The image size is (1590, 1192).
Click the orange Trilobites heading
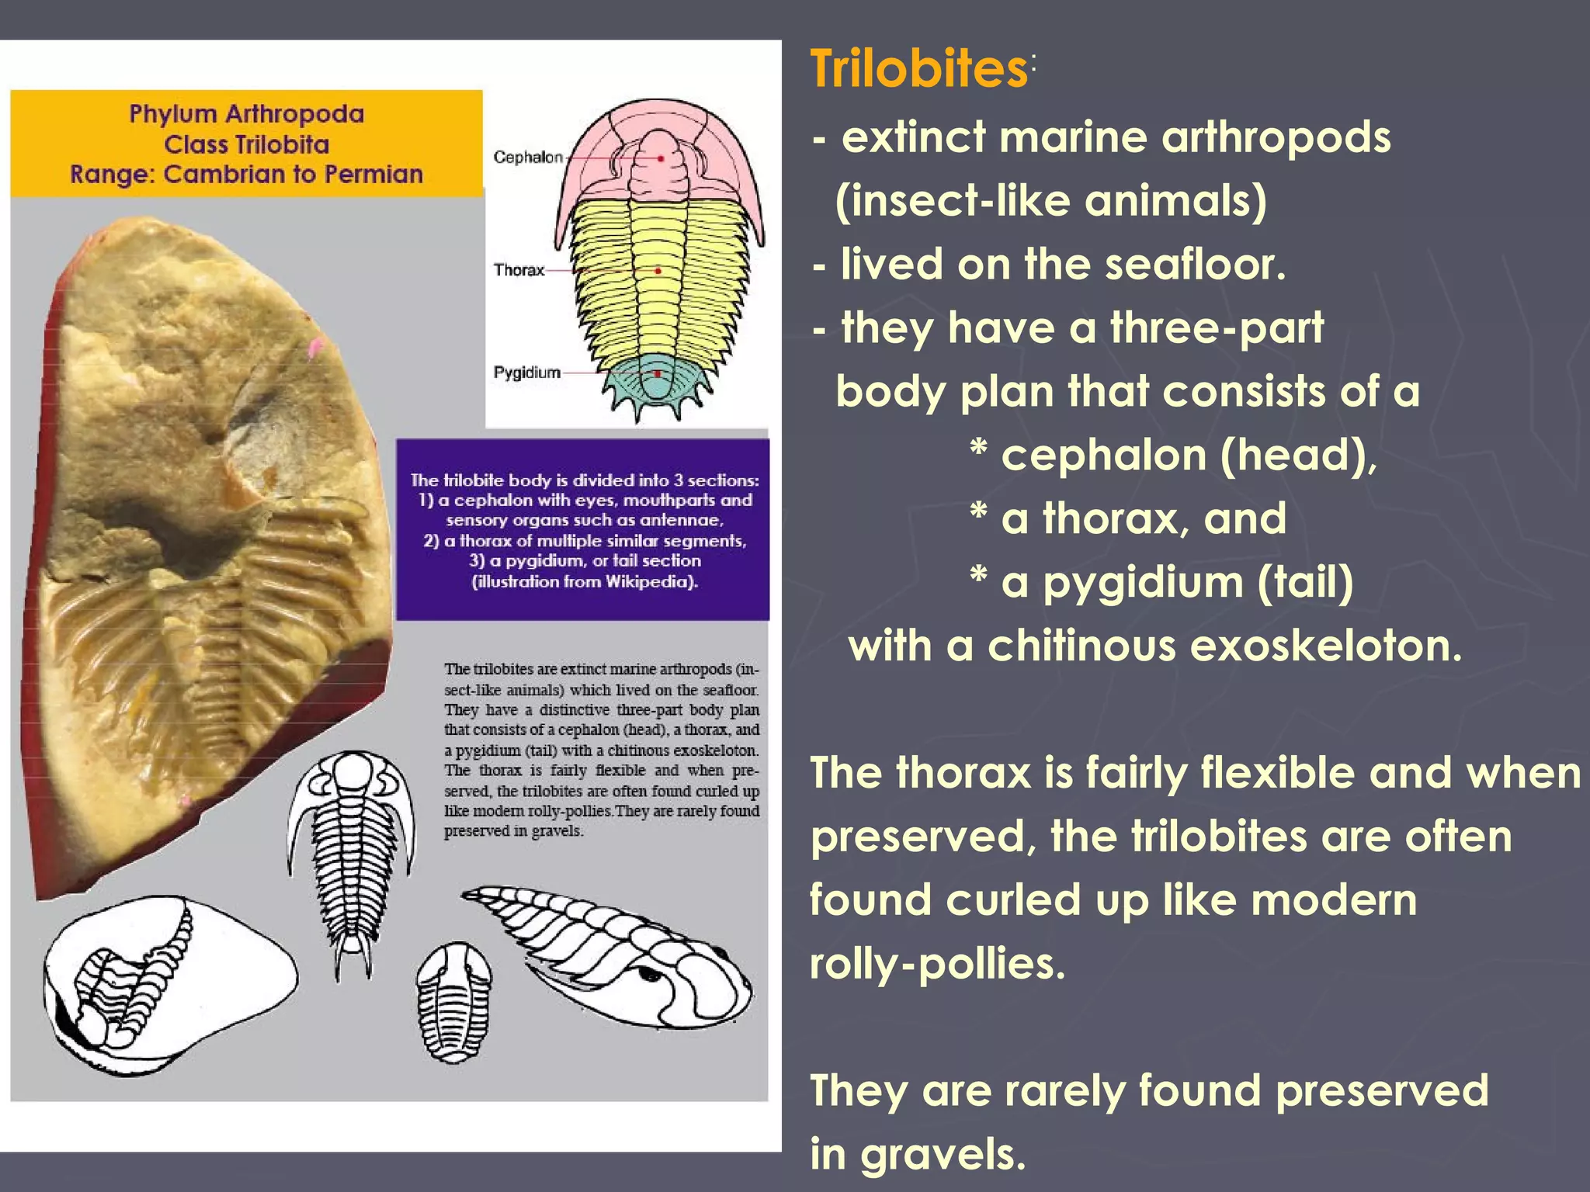(919, 69)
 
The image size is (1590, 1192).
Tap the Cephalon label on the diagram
(528, 158)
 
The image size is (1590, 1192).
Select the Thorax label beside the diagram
(519, 270)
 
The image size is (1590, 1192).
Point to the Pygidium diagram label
(526, 372)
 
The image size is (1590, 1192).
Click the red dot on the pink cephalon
(661, 158)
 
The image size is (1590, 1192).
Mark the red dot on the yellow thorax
(658, 271)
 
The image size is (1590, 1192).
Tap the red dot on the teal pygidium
(657, 373)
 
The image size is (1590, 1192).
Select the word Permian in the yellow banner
(373, 174)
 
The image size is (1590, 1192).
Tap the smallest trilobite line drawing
(453, 1002)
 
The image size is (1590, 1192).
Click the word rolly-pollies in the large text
(938, 964)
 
